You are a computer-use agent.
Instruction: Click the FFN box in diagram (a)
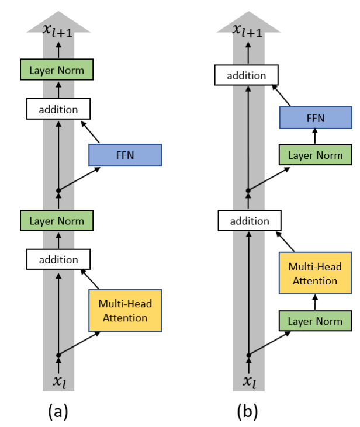coord(124,155)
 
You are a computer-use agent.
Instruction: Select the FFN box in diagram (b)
coord(316,118)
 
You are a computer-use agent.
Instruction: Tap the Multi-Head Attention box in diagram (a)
coord(124,310)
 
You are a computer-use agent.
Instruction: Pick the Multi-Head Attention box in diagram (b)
coord(316,273)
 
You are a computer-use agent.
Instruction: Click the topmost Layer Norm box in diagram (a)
coord(58,70)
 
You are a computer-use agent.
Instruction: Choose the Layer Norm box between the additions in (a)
coord(58,221)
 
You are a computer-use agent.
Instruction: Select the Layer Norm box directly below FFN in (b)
coord(316,155)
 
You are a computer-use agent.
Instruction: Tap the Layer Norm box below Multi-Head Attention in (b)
coord(316,321)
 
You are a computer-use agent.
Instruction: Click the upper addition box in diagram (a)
coord(58,109)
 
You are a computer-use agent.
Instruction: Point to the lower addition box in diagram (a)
coord(58,259)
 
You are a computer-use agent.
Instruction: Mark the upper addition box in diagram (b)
coord(247,75)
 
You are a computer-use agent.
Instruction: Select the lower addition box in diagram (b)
coord(250,221)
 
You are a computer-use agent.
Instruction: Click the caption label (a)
coord(58,411)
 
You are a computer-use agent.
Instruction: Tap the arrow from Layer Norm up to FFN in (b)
coord(316,137)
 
